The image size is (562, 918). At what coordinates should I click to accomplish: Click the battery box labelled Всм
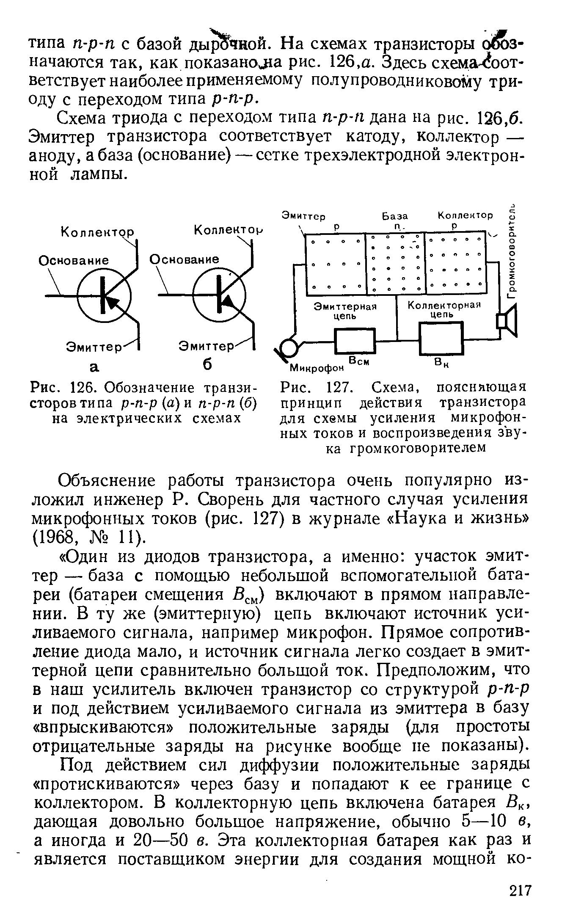(355, 341)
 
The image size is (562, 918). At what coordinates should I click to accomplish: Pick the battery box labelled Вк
(441, 339)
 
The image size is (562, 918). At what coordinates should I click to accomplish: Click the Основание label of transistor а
(74, 260)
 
